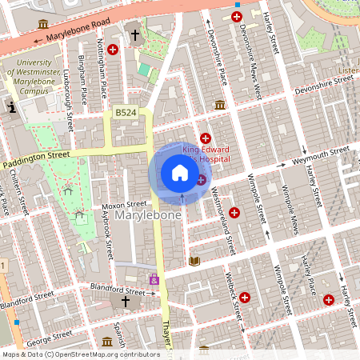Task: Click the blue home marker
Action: (180, 173)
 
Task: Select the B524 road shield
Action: (125, 114)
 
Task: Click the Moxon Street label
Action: (118, 206)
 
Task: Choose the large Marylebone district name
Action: (149, 217)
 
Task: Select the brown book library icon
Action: (194, 260)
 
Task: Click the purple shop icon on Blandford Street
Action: (154, 279)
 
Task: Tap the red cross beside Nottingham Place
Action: (113, 50)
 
